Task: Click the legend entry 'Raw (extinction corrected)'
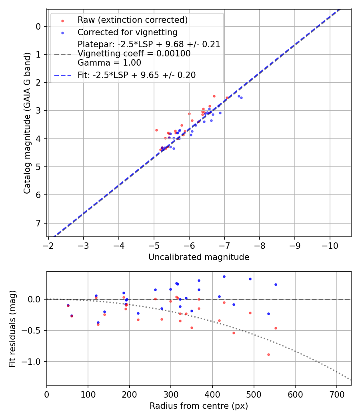pos(132,20)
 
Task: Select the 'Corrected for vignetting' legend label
pos(128,32)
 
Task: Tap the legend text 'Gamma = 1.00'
pos(109,62)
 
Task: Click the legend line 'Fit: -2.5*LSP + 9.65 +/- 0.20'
pos(136,75)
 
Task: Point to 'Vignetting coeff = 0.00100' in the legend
pos(134,53)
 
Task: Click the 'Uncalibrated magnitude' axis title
pos(199,257)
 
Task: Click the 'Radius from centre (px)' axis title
pos(199,406)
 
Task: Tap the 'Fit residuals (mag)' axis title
pos(12,328)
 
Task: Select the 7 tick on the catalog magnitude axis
pos(38,223)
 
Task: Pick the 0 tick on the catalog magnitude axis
pos(38,26)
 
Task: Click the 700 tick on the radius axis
pos(336,394)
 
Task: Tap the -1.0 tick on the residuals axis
pos(33,362)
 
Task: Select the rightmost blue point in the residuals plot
pos(276,284)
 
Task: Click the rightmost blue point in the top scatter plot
pos(241,98)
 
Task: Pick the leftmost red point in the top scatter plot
pos(156,130)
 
